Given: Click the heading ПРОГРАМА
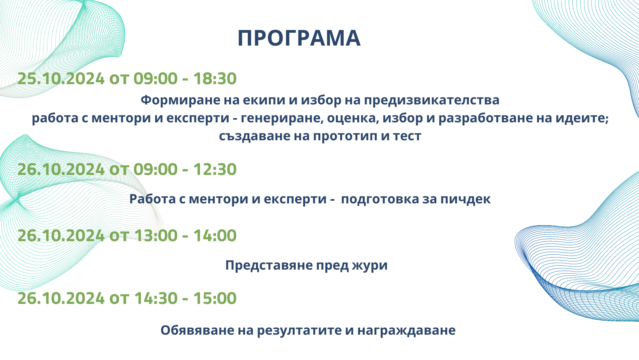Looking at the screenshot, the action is (299, 38).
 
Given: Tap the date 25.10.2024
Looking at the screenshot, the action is (61, 78).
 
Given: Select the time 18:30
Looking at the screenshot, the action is (215, 78).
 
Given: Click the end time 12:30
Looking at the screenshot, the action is (215, 169).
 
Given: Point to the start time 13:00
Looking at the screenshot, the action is (156, 235).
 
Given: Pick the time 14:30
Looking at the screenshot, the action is (156, 298).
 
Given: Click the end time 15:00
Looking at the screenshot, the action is (215, 298).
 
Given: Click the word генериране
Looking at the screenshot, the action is (282, 118).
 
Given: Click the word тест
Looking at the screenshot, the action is (407, 136).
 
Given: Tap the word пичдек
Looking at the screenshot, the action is (466, 199).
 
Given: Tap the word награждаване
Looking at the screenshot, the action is (406, 331).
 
